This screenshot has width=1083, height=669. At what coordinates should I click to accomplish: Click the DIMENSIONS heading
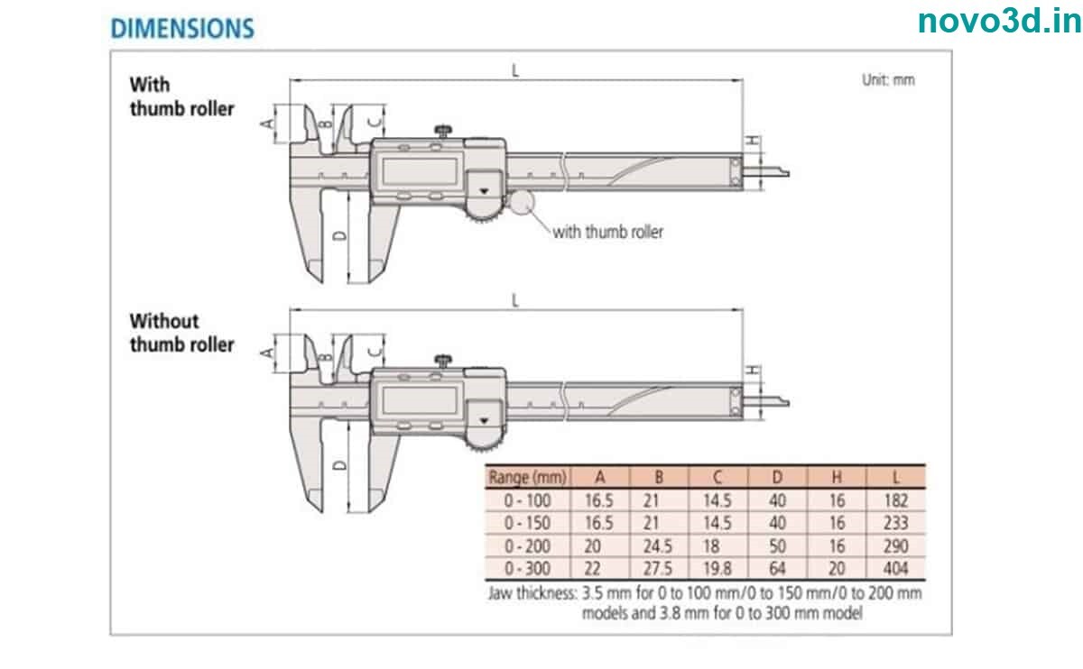181,28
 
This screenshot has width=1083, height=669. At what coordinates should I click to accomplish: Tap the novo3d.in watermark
999,22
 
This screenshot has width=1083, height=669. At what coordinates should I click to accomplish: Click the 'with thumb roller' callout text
607,232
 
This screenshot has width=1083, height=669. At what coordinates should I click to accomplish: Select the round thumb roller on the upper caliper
521,202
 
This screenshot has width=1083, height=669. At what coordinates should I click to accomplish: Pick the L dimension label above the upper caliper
515,70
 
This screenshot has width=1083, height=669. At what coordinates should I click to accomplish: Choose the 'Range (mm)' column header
527,477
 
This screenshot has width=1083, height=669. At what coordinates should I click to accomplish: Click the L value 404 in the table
895,569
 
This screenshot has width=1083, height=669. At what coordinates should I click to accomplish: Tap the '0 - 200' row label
527,546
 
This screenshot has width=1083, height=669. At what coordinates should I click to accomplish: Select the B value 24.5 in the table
658,546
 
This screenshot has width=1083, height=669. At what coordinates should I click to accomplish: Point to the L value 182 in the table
895,500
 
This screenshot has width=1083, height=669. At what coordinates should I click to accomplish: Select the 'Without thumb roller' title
181,332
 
